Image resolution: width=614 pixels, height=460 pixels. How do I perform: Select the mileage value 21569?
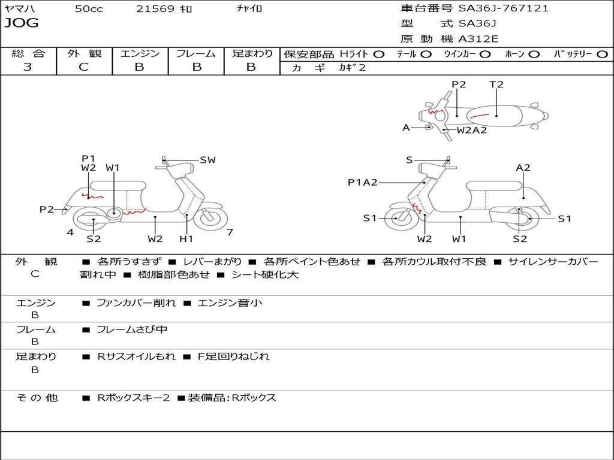coord(155,9)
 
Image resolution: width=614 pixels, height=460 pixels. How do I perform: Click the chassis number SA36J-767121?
coord(504,8)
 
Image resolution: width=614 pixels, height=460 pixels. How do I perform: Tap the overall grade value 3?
coord(28,67)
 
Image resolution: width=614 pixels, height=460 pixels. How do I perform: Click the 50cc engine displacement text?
coord(89,9)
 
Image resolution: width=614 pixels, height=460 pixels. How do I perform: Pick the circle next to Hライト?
coord(379,55)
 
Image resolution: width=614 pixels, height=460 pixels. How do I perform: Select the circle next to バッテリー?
coord(602,55)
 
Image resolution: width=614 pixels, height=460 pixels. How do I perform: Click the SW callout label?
coord(207,160)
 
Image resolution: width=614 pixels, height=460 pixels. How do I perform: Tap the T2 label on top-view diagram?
coord(496,84)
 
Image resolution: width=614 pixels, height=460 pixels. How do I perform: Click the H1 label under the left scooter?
coord(186,239)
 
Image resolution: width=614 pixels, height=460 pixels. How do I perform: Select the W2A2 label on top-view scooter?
coord(471,130)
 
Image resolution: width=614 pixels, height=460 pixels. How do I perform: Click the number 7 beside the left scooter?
coord(230,232)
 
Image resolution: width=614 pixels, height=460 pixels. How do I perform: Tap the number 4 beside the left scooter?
coord(70,232)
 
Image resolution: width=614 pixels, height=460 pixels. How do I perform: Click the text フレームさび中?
coord(132,329)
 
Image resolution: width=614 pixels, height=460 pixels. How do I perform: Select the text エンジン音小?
coord(230,303)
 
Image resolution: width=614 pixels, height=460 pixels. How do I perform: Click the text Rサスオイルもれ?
coord(137,356)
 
